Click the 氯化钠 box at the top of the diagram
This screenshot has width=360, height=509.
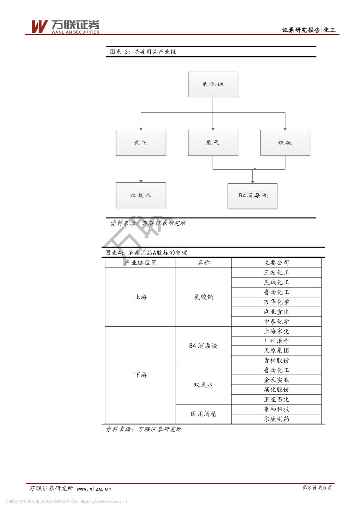pyautogui.click(x=213, y=85)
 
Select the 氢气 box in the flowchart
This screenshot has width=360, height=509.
pyautogui.click(x=141, y=143)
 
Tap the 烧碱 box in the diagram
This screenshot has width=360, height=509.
pyautogui.click(x=285, y=143)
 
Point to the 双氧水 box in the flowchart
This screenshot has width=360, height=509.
pyautogui.click(x=141, y=195)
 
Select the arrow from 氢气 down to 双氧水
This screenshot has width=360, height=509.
pyautogui.click(x=141, y=169)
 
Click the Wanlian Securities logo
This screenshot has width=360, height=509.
pyautogui.click(x=65, y=27)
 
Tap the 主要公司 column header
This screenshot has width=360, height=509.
pyautogui.click(x=276, y=263)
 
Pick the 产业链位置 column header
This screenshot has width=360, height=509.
pyautogui.click(x=140, y=263)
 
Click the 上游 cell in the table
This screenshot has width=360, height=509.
pyautogui.click(x=140, y=297)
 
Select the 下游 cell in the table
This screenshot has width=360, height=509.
pyautogui.click(x=140, y=375)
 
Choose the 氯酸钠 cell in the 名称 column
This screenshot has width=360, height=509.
pyautogui.click(x=203, y=297)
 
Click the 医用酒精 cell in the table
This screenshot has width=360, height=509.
pyautogui.click(x=203, y=414)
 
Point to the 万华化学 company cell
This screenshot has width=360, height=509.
pyautogui.click(x=276, y=302)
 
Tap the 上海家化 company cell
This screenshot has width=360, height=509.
pyautogui.click(x=276, y=331)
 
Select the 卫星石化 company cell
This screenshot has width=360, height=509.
pyautogui.click(x=276, y=399)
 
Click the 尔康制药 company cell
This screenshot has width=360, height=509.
pyautogui.click(x=276, y=419)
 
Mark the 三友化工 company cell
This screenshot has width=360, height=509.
pyautogui.click(x=276, y=273)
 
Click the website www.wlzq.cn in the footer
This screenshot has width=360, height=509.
pyautogui.click(x=94, y=489)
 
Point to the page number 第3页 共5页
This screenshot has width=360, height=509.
pyautogui.click(x=317, y=488)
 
